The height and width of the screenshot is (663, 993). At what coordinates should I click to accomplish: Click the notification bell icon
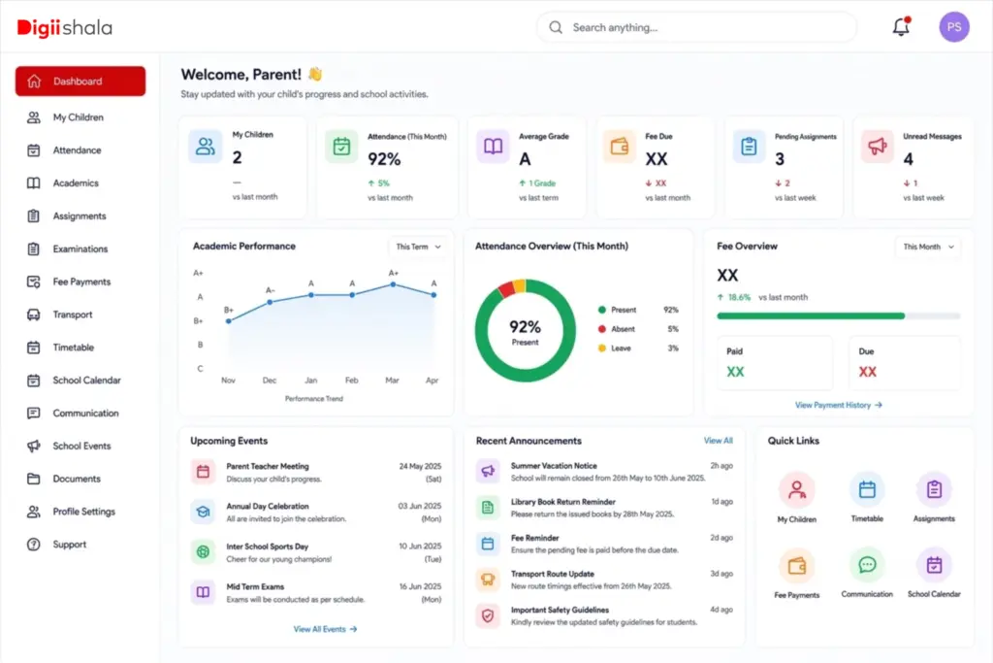[901, 26]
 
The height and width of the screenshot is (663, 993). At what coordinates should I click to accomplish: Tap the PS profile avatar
[954, 27]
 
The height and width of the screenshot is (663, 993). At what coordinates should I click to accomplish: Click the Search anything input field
[696, 27]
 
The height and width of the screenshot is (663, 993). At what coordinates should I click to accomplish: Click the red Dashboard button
[80, 82]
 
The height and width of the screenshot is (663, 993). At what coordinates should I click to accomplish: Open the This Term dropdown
[418, 247]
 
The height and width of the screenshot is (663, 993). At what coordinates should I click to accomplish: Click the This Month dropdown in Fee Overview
[928, 247]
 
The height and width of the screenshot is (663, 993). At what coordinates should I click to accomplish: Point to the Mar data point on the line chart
[394, 284]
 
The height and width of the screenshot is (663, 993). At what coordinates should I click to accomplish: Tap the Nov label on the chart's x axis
[228, 381]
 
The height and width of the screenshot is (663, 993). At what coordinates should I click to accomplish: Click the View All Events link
[325, 629]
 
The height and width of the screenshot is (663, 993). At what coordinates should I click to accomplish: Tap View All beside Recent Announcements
[719, 441]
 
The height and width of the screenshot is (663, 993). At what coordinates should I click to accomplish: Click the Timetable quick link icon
[867, 489]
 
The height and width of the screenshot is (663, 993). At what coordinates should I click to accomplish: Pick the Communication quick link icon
[867, 564]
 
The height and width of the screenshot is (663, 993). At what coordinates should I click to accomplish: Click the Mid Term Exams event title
[255, 587]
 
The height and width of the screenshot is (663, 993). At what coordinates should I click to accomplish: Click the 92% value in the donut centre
[525, 326]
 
